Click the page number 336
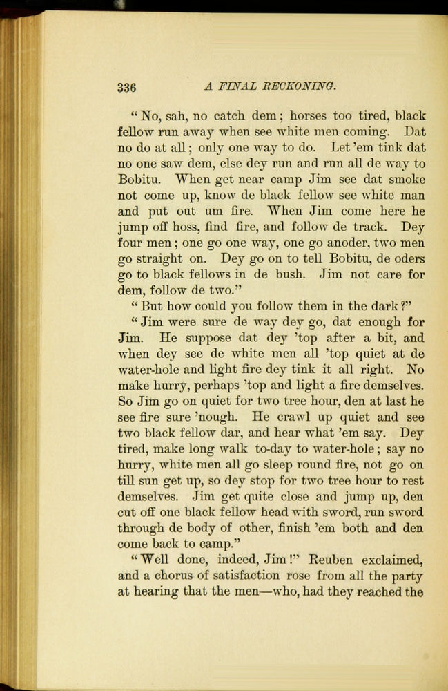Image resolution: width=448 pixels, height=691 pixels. (x=127, y=87)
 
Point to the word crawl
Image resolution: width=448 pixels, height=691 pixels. (x=291, y=417)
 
